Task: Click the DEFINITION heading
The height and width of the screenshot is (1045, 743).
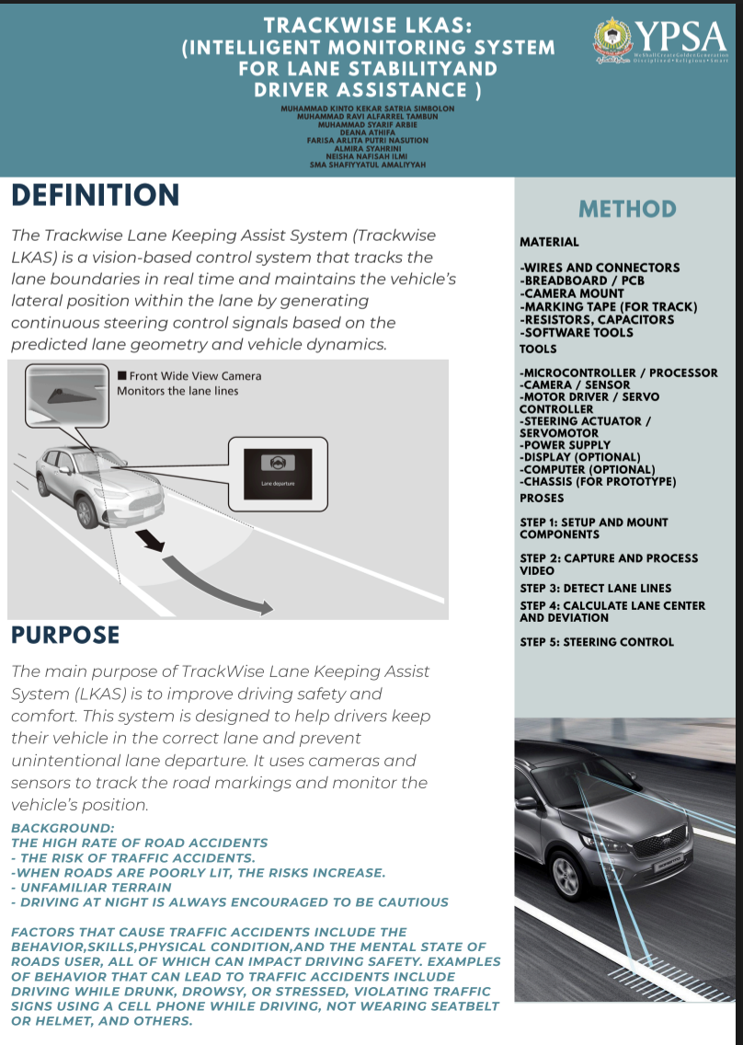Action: coord(96,195)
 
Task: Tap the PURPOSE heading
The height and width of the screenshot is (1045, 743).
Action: coord(65,635)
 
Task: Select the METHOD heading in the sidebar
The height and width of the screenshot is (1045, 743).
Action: coord(627,210)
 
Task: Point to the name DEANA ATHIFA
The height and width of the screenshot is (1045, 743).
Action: coord(368,132)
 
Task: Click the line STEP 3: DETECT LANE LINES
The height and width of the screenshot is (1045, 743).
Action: coord(595,588)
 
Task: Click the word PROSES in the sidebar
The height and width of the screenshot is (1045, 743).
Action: coord(543,498)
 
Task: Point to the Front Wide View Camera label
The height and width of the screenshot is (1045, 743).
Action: coord(195,376)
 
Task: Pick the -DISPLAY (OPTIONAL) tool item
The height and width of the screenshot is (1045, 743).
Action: coord(579,457)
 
